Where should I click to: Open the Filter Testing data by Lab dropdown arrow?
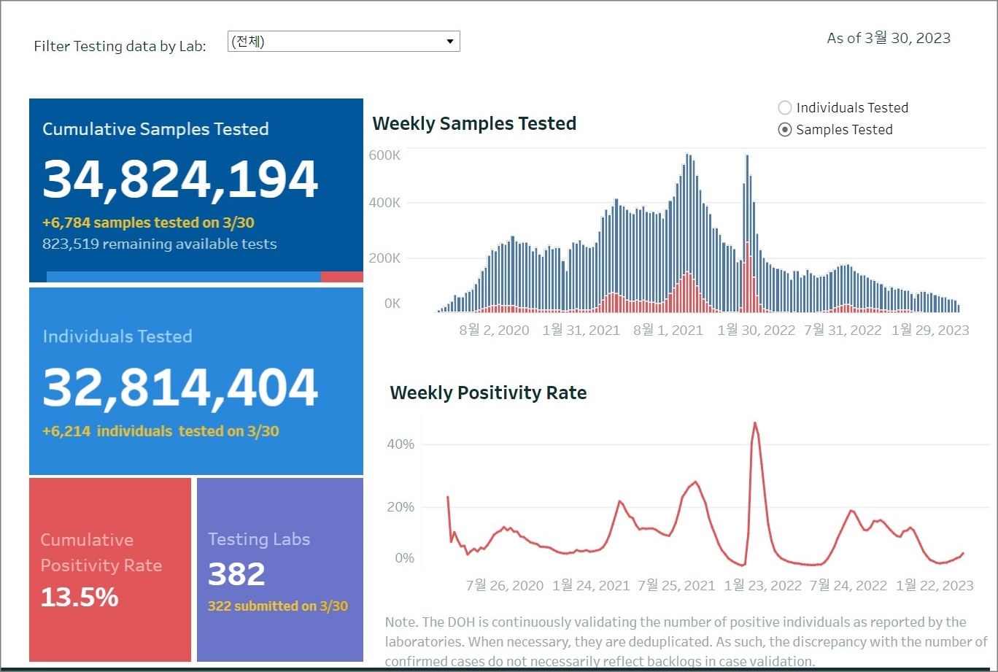(450, 42)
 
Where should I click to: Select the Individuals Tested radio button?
(785, 108)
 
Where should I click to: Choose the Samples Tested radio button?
(785, 130)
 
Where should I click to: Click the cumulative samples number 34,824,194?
(180, 179)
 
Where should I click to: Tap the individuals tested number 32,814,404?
(180, 387)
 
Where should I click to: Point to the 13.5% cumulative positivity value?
(80, 597)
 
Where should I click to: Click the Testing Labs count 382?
(236, 574)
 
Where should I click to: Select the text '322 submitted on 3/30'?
(278, 606)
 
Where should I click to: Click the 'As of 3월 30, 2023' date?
(889, 39)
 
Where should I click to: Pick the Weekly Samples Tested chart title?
(474, 124)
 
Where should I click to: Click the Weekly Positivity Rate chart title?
(488, 393)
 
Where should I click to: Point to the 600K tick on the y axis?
(384, 155)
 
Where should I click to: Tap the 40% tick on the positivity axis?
(400, 444)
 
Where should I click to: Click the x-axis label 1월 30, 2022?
(756, 331)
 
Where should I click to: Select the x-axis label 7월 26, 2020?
(505, 586)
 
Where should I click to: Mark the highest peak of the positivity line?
(754, 422)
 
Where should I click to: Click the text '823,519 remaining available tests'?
(160, 244)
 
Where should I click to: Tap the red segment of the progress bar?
(341, 277)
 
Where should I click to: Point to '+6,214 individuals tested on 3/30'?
(160, 431)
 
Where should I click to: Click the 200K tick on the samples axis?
(384, 258)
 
